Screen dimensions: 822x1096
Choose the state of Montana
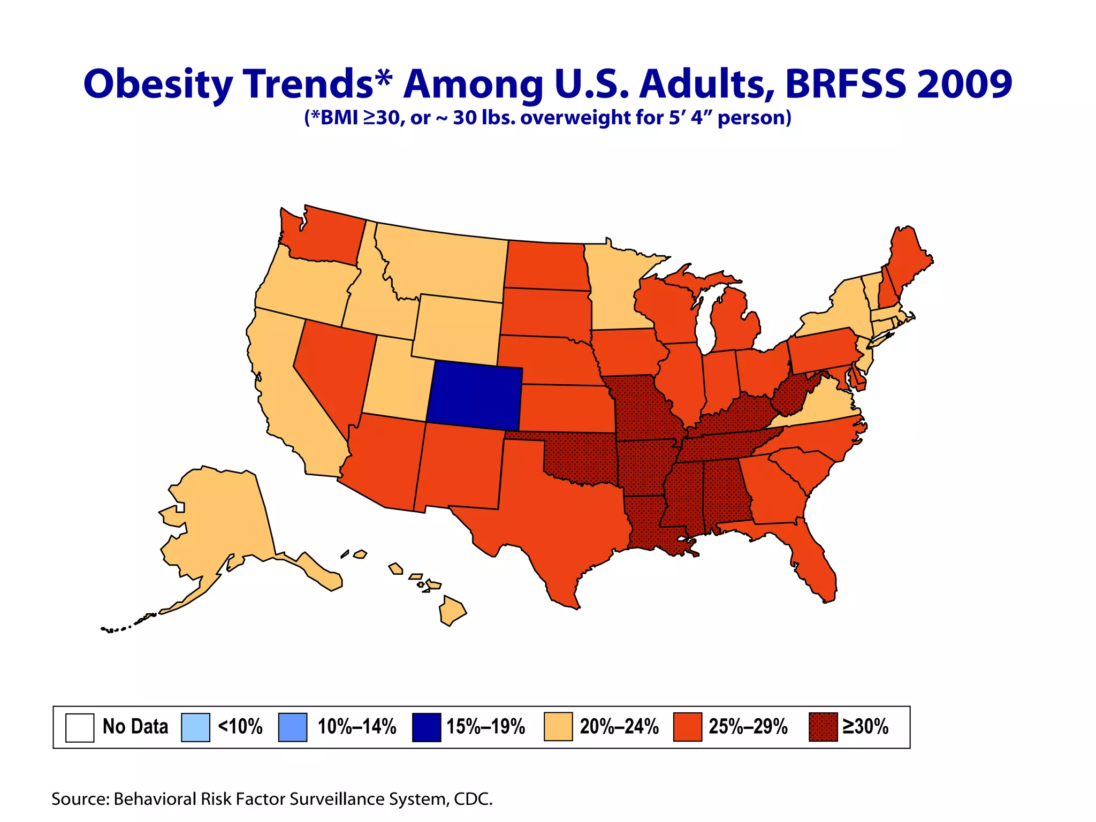[x=444, y=262]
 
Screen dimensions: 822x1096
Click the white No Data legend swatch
[x=80, y=727]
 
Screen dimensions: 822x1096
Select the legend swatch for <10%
[x=195, y=727]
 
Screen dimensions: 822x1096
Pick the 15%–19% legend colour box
[x=427, y=727]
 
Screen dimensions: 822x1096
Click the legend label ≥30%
[x=865, y=727]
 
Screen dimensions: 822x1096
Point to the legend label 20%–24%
[x=619, y=727]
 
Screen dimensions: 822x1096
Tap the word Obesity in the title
[x=158, y=85]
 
